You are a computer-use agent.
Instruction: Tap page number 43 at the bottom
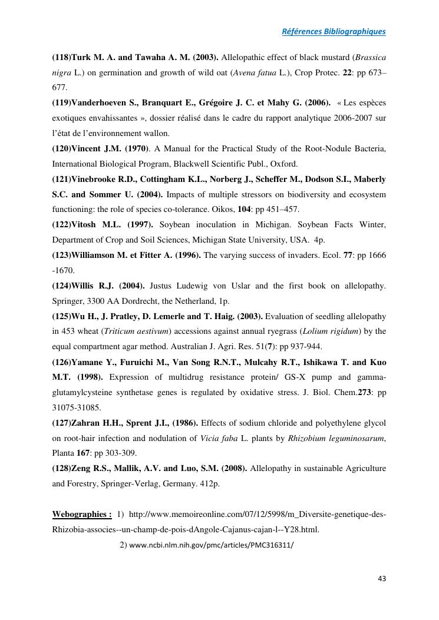tap(381, 578)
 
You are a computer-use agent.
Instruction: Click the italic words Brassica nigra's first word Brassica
tap(369, 57)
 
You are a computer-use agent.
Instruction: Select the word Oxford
tap(284, 164)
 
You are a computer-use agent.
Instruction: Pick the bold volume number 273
tap(365, 393)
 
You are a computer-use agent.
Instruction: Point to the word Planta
tap(63, 453)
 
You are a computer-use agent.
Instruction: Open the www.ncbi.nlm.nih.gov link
tap(210, 545)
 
